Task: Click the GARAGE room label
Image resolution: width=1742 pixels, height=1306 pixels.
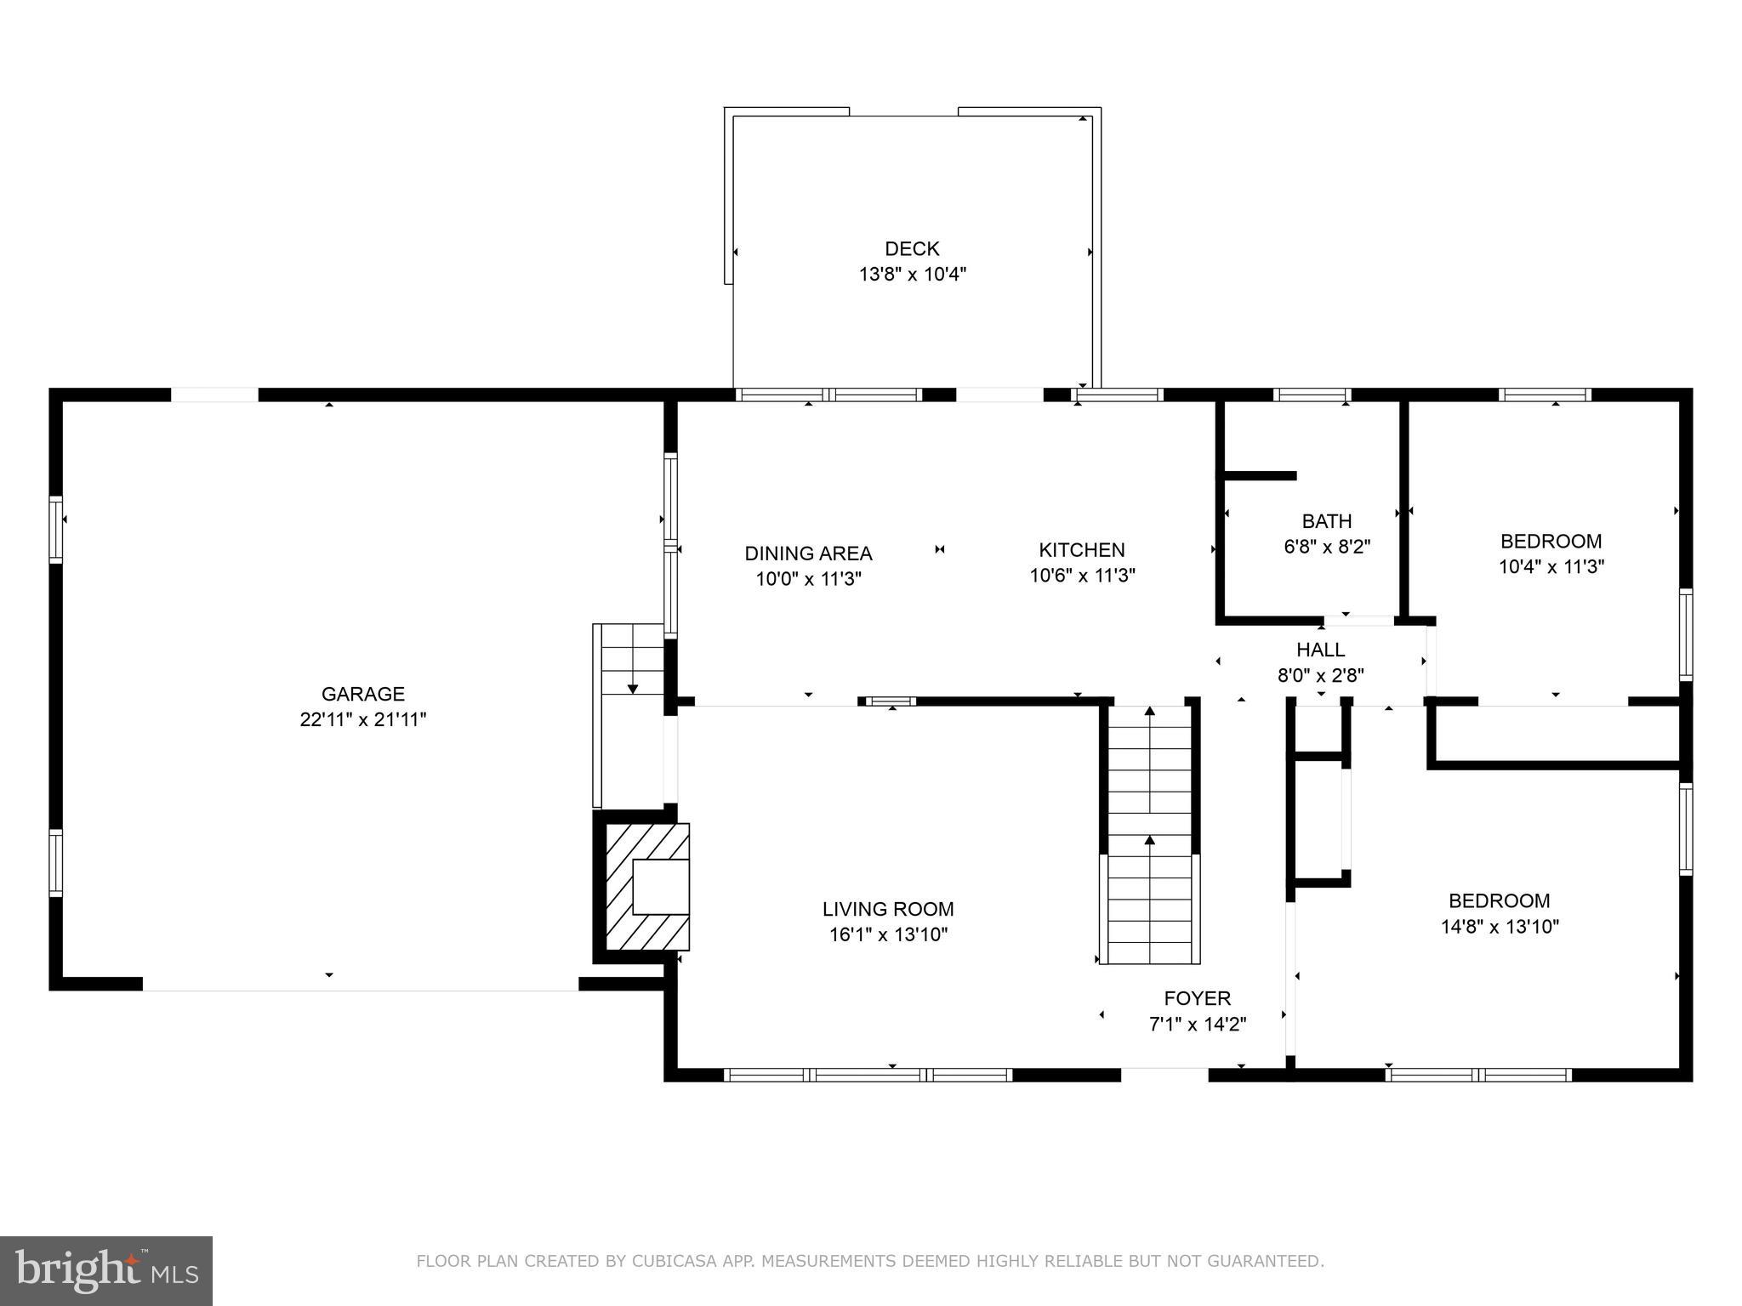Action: [x=362, y=694]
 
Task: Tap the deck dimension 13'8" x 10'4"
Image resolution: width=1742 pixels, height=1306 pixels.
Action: [x=912, y=275]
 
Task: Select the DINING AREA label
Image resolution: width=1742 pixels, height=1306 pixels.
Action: [x=808, y=554]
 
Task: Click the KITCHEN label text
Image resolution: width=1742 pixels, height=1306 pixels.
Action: [x=1081, y=550]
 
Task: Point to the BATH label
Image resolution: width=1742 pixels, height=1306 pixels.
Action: [x=1326, y=521]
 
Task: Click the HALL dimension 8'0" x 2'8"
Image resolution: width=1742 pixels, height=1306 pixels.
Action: [x=1320, y=676]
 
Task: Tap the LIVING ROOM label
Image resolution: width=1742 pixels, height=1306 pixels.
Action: [x=888, y=909]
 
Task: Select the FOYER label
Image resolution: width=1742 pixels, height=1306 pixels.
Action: [x=1197, y=998]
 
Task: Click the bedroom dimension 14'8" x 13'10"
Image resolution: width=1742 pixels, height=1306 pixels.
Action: [x=1499, y=927]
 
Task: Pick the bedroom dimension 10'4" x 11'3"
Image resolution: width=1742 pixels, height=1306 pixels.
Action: [x=1551, y=567]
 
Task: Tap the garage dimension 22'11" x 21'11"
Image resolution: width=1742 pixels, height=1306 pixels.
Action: [x=362, y=720]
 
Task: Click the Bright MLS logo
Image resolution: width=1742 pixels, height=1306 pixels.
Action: [x=106, y=1271]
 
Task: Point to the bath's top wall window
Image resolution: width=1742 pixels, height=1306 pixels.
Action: [x=1312, y=395]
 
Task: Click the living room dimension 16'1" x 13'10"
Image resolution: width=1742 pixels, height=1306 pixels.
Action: [x=888, y=935]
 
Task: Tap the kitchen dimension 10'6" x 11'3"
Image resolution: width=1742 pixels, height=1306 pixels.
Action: [x=1082, y=576]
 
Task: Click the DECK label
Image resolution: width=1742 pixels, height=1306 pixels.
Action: [x=912, y=248]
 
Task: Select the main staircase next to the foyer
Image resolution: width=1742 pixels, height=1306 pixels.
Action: [x=1150, y=838]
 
